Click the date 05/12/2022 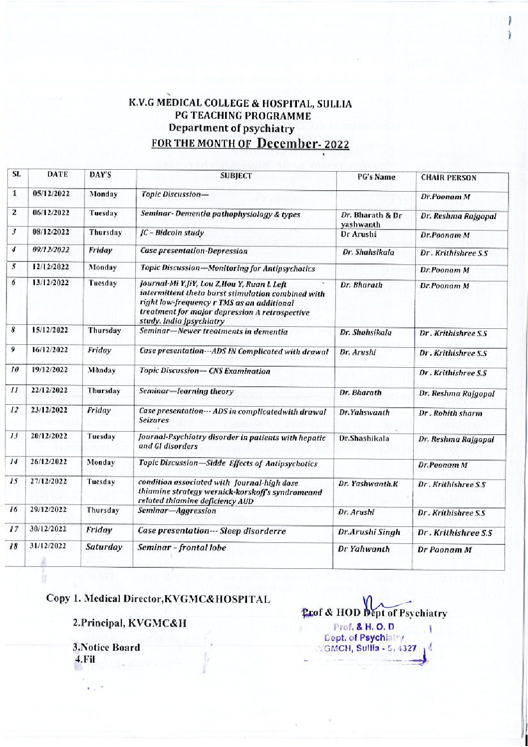point(54,194)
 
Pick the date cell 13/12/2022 point(54,283)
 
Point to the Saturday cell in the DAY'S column point(104,547)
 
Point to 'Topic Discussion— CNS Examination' point(206,371)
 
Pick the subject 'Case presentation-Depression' point(194,251)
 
